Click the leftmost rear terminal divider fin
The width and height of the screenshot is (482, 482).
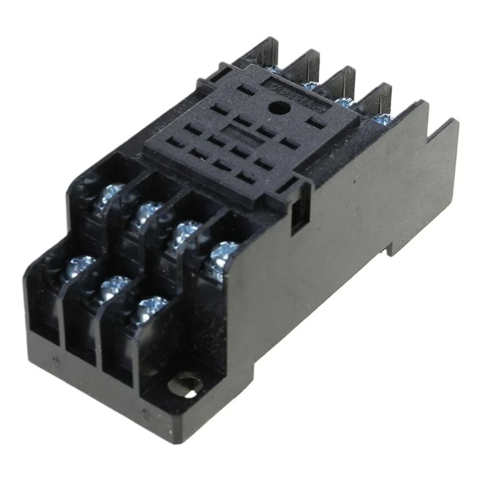click(x=265, y=51)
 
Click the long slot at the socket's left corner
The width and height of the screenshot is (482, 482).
click(x=243, y=90)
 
